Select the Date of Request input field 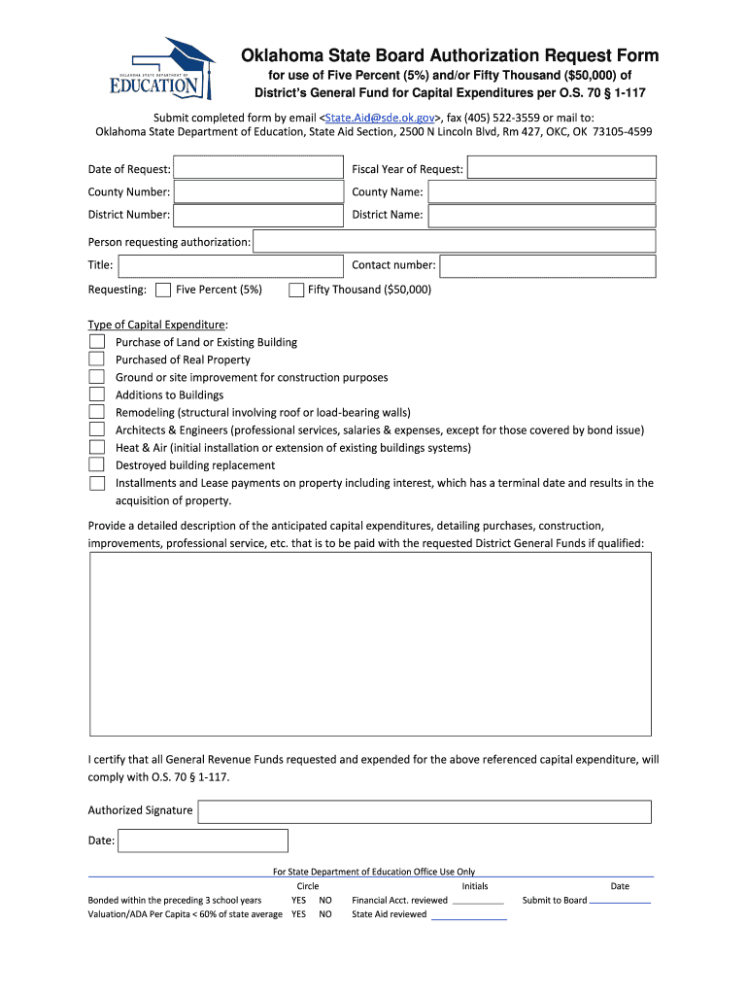[259, 169]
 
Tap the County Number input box [259, 192]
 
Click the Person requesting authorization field [454, 241]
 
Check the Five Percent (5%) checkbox [163, 290]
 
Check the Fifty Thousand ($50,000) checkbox [296, 290]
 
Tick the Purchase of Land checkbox [97, 342]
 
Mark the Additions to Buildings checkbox [97, 395]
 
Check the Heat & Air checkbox [97, 447]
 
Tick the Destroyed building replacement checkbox [97, 464]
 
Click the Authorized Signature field [425, 811]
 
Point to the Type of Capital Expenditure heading [157, 325]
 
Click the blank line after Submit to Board [620, 901]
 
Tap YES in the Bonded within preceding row [298, 901]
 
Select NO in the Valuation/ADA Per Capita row [325, 914]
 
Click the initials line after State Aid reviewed [468, 915]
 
